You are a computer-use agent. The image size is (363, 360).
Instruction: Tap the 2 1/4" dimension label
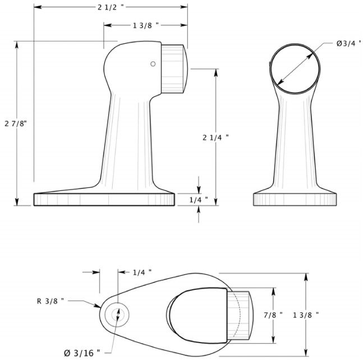(x=216, y=136)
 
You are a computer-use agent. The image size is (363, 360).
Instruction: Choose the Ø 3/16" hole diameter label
(x=81, y=352)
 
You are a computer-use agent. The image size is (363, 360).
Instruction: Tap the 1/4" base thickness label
(x=199, y=199)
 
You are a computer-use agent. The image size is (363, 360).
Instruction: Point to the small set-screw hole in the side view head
(x=152, y=64)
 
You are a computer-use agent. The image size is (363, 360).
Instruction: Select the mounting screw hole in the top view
(x=118, y=313)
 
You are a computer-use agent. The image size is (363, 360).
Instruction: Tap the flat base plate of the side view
(x=104, y=200)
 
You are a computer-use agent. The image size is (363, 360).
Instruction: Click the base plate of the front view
(x=296, y=199)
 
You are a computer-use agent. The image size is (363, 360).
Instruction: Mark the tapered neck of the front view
(x=296, y=140)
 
